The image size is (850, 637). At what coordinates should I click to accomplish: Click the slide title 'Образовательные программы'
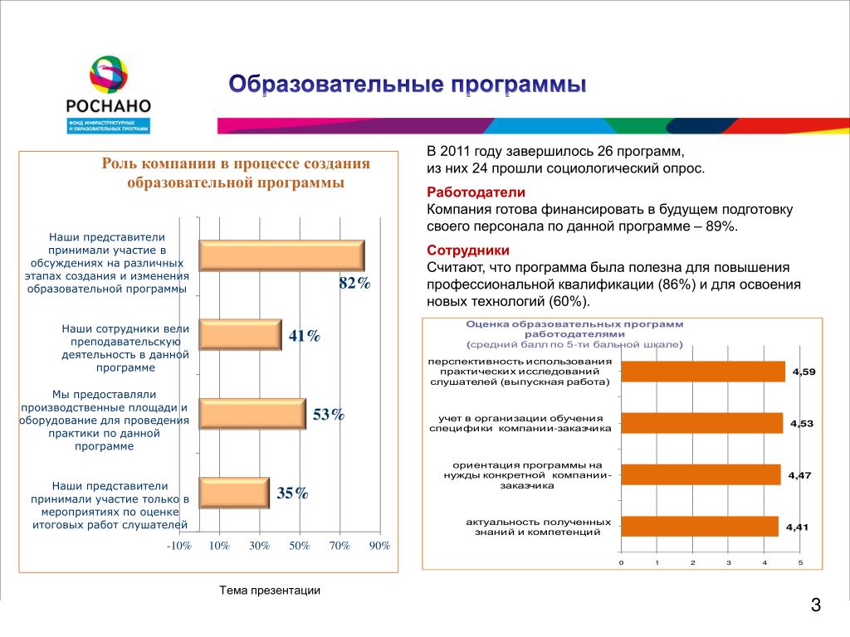pos(408,85)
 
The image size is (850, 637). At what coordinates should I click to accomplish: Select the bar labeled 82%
pos(281,255)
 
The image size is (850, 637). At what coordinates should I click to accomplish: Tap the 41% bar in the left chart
pos(241,334)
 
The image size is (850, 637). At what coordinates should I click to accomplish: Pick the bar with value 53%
pos(252,413)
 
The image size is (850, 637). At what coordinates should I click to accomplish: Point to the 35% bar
pos(235,493)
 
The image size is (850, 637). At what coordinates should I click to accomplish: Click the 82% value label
pos(354,284)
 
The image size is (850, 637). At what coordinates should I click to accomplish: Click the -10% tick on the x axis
pos(178,546)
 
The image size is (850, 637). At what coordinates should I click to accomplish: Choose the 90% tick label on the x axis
pos(379,546)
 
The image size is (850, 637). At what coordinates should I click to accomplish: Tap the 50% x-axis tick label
pos(300,546)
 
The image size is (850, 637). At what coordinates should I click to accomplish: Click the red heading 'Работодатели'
pos(465,192)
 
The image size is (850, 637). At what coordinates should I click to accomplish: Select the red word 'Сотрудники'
pos(457,250)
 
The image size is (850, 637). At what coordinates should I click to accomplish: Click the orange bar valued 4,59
pos(702,372)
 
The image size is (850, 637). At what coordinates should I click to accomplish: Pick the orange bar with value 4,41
pos(699,526)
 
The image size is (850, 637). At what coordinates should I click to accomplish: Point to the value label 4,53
pos(802,424)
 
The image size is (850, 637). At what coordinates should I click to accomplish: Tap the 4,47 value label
pos(799,475)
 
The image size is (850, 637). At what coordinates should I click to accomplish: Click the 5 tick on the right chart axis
pos(801,563)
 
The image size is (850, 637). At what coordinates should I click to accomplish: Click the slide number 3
pos(816,605)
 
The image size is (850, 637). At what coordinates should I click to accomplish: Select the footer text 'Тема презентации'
pos(270,591)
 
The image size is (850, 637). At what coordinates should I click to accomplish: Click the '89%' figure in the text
pos(720,226)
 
